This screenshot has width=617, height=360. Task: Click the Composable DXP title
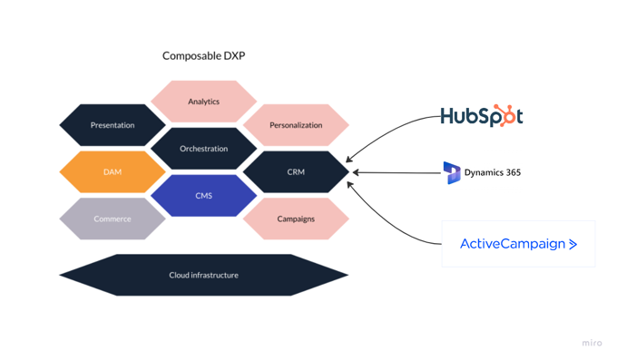tap(203, 56)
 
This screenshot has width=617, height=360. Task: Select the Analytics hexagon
tap(203, 102)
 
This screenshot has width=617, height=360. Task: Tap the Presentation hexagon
tap(113, 125)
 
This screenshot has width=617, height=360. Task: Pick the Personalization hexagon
tap(296, 125)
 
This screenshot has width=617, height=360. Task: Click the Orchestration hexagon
tap(203, 149)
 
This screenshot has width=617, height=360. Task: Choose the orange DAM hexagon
tap(113, 172)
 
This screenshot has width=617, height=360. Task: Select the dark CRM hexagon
tap(296, 172)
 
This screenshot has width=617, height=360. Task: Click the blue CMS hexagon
tap(203, 196)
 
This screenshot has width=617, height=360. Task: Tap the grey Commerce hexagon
tap(113, 219)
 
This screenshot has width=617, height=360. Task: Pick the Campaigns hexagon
tap(296, 219)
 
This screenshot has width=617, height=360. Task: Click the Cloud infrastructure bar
tap(203, 275)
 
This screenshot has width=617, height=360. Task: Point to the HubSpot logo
tap(481, 116)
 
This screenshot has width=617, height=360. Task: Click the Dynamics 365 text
tap(493, 172)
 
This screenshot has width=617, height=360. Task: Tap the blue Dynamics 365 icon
tap(452, 172)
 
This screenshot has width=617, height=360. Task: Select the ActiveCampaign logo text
tap(512, 244)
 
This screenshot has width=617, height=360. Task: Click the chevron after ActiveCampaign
tap(573, 244)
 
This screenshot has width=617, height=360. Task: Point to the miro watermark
tap(592, 344)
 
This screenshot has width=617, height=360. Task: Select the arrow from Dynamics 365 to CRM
tap(395, 172)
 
